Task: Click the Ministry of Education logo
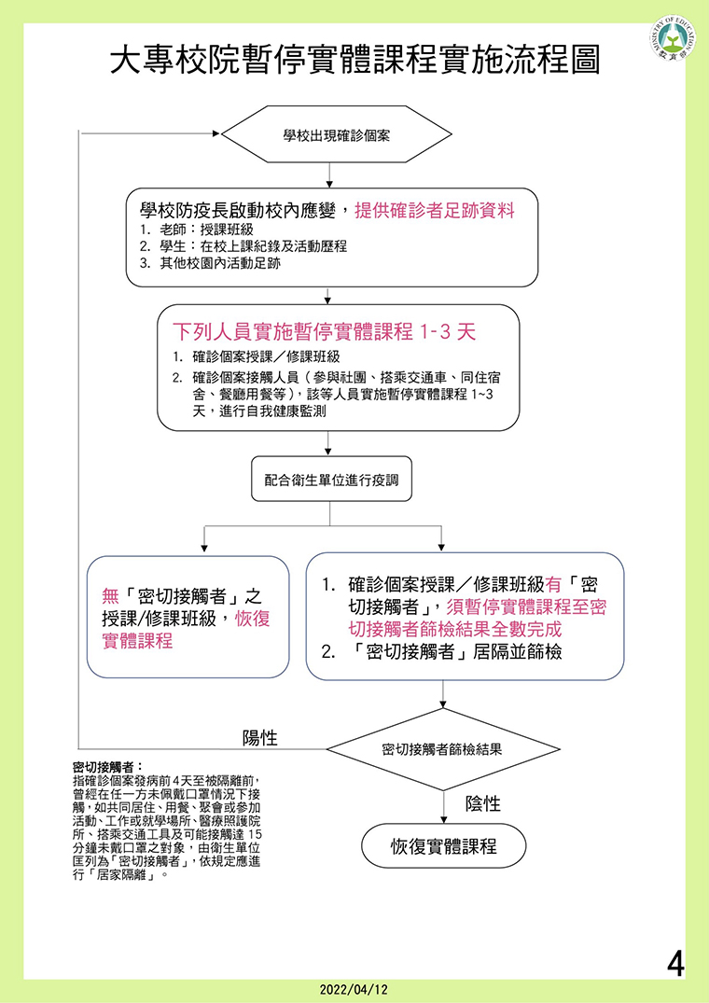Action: [x=674, y=38]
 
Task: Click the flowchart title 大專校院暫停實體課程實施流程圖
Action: [x=354, y=60]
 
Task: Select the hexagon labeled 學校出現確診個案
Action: [x=336, y=134]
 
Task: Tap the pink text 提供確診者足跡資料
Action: [x=435, y=212]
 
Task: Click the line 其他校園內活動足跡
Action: [x=211, y=263]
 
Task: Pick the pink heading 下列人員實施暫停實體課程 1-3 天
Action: [x=325, y=332]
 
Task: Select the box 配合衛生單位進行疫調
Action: [x=331, y=480]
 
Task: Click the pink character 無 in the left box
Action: [x=110, y=597]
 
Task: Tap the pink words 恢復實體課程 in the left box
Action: [x=186, y=630]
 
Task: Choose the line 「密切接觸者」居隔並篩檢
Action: [x=442, y=652]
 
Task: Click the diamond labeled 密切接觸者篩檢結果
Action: [x=444, y=749]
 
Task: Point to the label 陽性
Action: [x=259, y=737]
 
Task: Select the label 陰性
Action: [x=482, y=803]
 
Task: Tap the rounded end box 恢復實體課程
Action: [x=444, y=845]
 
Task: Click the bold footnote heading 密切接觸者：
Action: [x=106, y=766]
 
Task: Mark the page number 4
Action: [x=675, y=964]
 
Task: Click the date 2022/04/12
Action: [x=354, y=990]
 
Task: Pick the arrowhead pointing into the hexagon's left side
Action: [x=216, y=133]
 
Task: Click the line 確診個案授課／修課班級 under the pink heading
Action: [x=262, y=356]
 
